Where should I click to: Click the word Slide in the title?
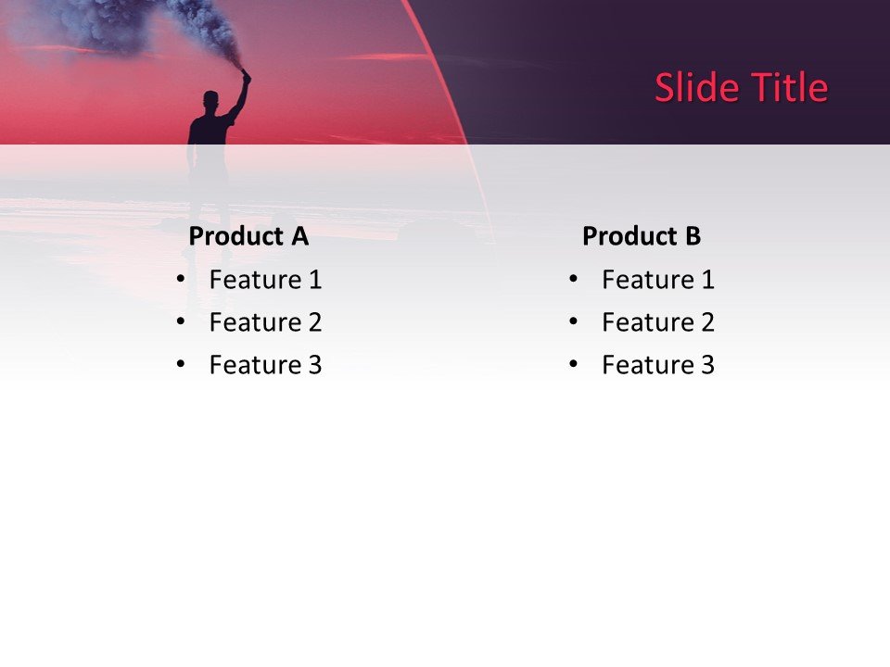pyautogui.click(x=690, y=88)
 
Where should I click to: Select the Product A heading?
pyautogui.click(x=248, y=236)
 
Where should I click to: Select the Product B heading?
pyautogui.click(x=642, y=236)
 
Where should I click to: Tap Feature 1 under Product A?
pyautogui.click(x=265, y=279)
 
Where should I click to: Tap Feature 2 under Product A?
pyautogui.click(x=265, y=322)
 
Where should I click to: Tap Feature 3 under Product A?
pyautogui.click(x=265, y=365)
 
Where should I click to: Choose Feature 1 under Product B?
pyautogui.click(x=658, y=279)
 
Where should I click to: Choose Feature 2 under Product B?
pyautogui.click(x=658, y=322)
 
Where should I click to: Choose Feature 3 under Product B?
pyautogui.click(x=658, y=365)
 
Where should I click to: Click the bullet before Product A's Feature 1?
pyautogui.click(x=180, y=278)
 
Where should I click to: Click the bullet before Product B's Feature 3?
pyautogui.click(x=573, y=364)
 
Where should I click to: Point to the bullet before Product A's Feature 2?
pyautogui.click(x=180, y=321)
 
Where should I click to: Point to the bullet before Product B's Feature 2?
pyautogui.click(x=573, y=321)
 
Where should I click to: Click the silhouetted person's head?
pyautogui.click(x=211, y=99)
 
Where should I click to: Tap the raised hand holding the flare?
pyautogui.click(x=247, y=76)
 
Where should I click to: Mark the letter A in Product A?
pyautogui.click(x=299, y=236)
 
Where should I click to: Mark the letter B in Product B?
pyautogui.click(x=693, y=236)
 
